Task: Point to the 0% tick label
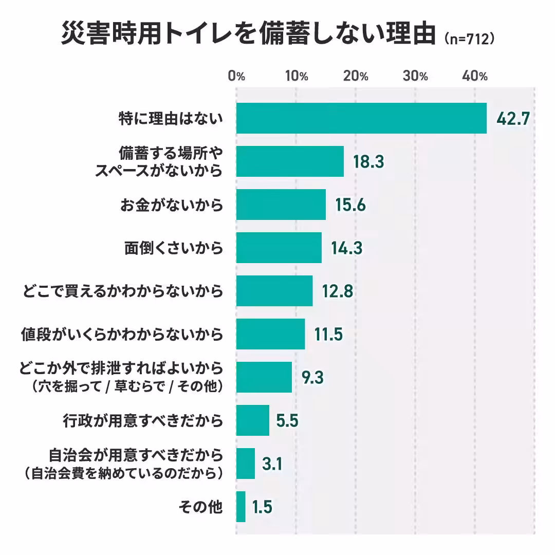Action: click(236, 76)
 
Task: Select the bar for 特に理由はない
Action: click(361, 119)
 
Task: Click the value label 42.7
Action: click(512, 119)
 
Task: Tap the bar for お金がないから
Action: click(281, 205)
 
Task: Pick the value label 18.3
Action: click(368, 162)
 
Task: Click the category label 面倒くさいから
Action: click(174, 248)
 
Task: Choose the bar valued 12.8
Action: click(274, 291)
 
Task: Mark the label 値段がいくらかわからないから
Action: click(122, 335)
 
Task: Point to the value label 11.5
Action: click(328, 335)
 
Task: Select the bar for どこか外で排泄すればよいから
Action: click(264, 377)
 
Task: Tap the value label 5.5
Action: click(287, 421)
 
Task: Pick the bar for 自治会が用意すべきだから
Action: click(245, 464)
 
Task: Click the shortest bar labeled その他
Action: click(240, 507)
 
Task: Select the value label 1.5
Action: click(262, 507)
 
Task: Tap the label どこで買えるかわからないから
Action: click(123, 291)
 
